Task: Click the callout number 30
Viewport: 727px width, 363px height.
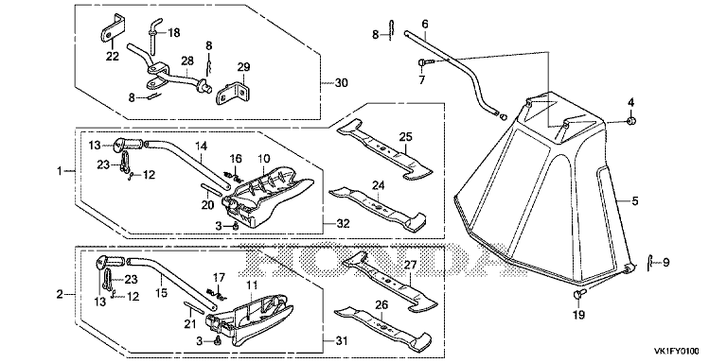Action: (341, 83)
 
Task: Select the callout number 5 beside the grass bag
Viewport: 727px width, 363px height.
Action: (635, 201)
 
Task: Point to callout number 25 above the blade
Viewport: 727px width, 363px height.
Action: (405, 137)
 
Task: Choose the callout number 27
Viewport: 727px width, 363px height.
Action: (410, 265)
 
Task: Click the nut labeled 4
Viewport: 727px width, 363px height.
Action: (630, 121)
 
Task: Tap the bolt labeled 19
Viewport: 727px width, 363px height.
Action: (579, 294)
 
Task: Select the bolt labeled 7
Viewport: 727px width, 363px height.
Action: (425, 61)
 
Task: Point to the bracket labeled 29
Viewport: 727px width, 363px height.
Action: (232, 93)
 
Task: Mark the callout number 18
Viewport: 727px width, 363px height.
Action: (174, 32)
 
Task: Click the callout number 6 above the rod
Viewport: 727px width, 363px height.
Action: (425, 23)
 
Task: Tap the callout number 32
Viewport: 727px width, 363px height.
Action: (344, 224)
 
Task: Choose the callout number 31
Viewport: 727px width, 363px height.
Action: (341, 340)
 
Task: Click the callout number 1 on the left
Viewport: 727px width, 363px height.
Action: (59, 171)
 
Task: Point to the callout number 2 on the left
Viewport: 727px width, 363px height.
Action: (60, 294)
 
